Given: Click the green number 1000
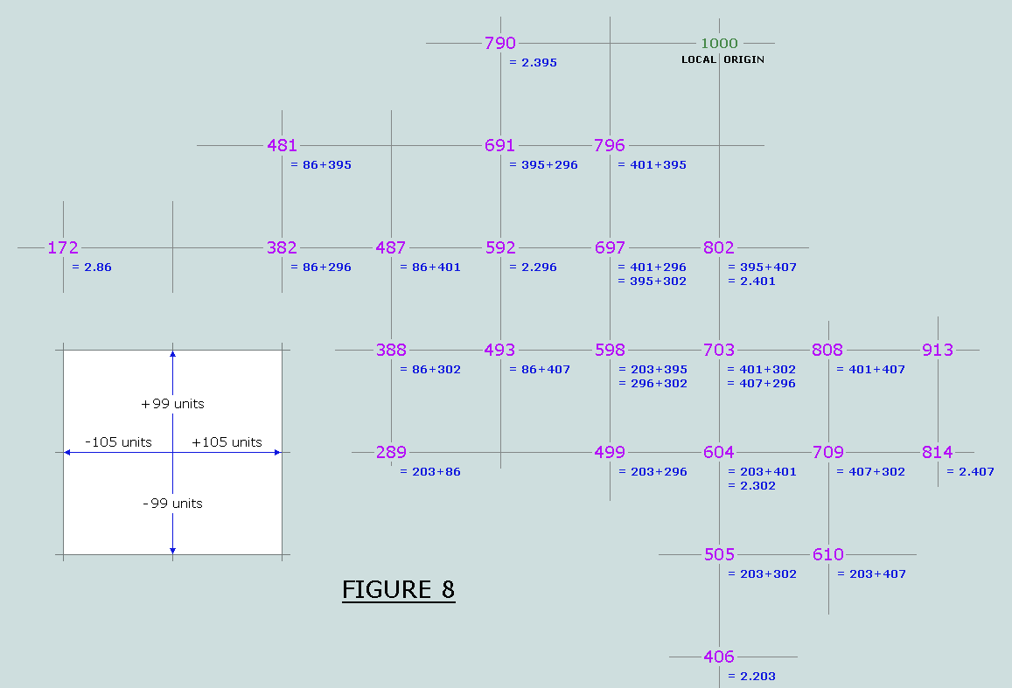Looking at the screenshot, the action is (719, 43).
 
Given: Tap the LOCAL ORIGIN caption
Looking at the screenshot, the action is (722, 59).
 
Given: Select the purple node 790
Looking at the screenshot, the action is (500, 43).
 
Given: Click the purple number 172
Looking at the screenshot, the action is (63, 247).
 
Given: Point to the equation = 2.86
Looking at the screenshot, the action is (92, 267).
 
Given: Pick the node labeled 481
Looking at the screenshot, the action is (282, 146).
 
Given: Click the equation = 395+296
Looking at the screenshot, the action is (543, 165).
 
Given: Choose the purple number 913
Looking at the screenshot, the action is (938, 351).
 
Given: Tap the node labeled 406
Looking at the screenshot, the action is (719, 657).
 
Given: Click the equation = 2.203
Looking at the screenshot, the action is (752, 677).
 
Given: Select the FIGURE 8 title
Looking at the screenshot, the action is (398, 590).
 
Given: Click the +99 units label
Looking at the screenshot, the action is (172, 404).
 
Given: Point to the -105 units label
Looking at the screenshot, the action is (119, 442).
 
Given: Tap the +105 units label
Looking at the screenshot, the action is (227, 442).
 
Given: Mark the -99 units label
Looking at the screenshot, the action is (172, 504).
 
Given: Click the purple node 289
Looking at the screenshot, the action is (391, 453).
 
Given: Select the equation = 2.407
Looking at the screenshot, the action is (970, 472).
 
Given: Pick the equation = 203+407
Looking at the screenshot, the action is (871, 573).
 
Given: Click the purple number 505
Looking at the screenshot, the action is (719, 554).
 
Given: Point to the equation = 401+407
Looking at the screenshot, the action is (870, 370).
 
